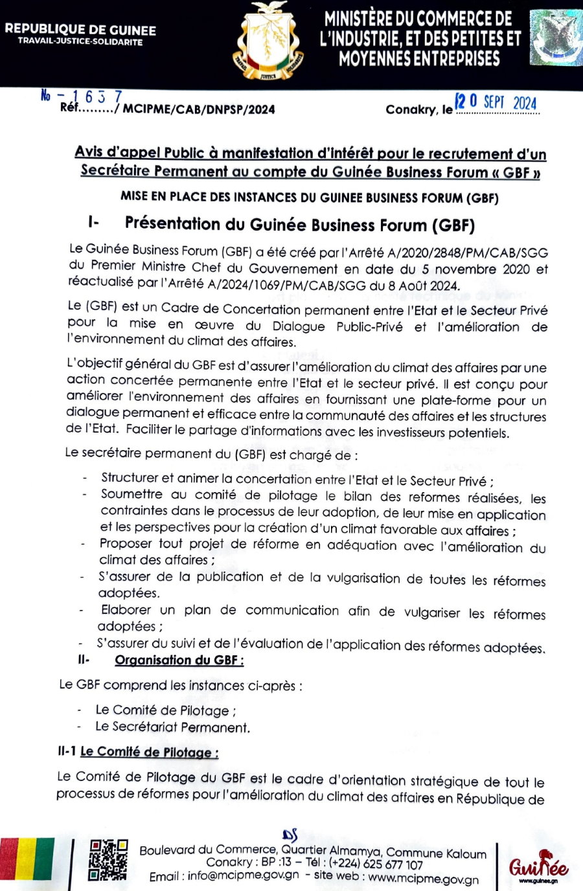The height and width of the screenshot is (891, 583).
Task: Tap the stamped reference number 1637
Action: pos(98,96)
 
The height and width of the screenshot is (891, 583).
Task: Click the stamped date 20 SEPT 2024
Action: pos(496,102)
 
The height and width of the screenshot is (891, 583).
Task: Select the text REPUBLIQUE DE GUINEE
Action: pos(80,30)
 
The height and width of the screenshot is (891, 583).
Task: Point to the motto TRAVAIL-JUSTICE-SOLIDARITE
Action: pos(80,42)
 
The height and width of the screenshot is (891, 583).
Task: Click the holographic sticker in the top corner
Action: pos(555,38)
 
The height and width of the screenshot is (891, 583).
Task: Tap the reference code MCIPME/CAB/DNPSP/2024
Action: pos(199,109)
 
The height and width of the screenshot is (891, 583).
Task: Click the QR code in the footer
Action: pos(108,859)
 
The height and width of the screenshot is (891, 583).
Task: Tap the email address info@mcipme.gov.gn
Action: pos(243,875)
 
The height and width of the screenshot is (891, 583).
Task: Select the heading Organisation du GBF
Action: pos(179,660)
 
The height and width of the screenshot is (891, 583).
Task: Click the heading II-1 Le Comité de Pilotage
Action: pos(137,752)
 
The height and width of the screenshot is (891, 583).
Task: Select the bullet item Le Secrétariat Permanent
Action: pos(172,727)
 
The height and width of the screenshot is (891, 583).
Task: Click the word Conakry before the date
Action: pos(411,110)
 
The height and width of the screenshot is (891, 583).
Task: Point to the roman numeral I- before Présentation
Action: pos(93,222)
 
